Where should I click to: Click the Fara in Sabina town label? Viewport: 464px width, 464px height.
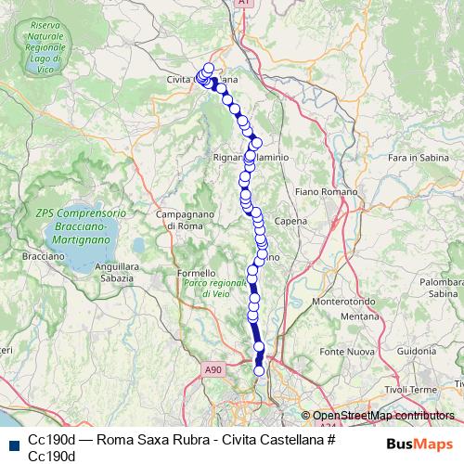411,159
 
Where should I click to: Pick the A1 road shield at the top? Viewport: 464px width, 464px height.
243,5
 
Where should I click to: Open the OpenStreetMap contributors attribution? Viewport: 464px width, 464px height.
383,416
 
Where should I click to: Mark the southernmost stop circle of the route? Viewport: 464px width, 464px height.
259,371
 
